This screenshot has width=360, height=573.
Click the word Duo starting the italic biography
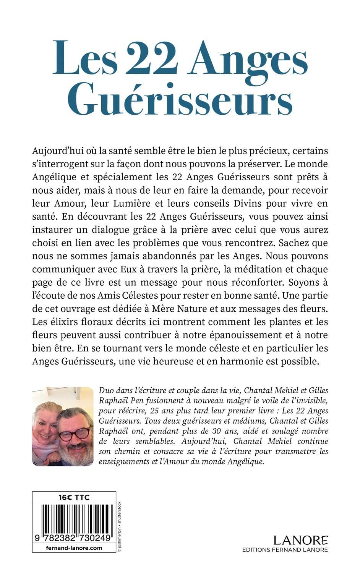(106, 390)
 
